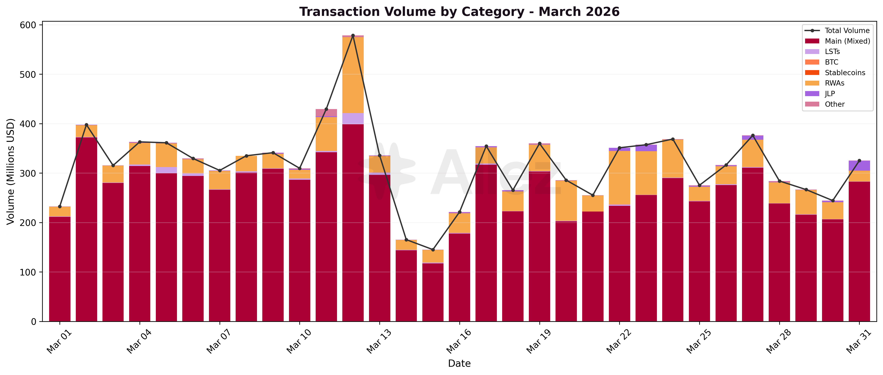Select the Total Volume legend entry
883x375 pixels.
pos(847,30)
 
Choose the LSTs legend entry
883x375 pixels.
pos(832,52)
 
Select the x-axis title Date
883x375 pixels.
pos(459,363)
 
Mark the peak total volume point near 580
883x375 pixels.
pos(353,36)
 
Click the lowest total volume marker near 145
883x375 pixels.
pos(433,250)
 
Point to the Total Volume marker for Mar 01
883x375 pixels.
pos(60,207)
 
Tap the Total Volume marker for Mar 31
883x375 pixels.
pos(859,161)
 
